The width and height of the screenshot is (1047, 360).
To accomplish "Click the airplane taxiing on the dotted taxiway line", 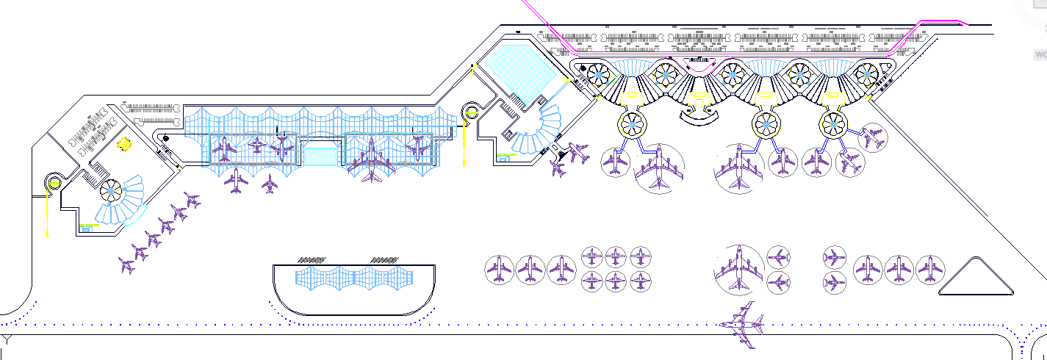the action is pos(744,324).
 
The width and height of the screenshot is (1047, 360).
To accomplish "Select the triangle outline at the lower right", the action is pos(975,277).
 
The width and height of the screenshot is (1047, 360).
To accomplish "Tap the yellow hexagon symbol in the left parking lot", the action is pos(125,144).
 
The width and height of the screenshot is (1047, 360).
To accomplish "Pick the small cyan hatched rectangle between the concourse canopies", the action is pos(320,156).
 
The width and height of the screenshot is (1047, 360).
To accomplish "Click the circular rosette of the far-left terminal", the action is pos(111,191).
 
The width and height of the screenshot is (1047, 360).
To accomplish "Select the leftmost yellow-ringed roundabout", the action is pos(53,183).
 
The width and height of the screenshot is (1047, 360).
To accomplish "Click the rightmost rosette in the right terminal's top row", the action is pos(866,74).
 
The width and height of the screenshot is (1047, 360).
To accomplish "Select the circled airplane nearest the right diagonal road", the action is pos(873,137).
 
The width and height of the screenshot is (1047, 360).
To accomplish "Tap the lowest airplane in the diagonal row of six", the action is pos(127,264).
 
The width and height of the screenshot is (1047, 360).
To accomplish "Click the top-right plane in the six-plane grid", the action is pos(641,257).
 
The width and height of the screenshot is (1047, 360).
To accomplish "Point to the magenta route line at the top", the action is pos(735,55).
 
